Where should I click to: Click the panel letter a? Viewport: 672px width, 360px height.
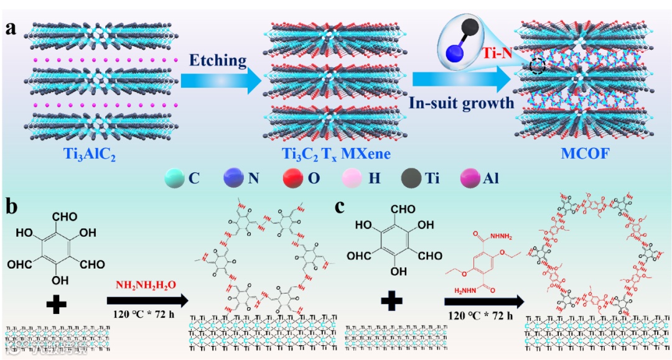click(x=11, y=28)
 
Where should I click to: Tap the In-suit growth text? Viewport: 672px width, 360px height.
click(x=462, y=103)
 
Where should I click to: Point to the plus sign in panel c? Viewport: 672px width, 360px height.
click(x=391, y=302)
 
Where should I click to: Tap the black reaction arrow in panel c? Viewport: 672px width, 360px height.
click(x=483, y=302)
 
